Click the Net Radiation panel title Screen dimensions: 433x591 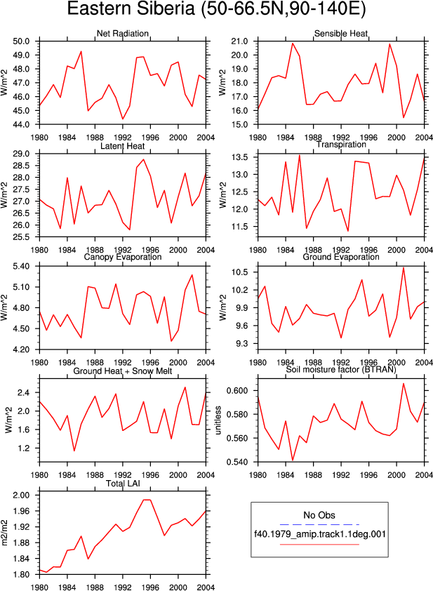[x=123, y=34]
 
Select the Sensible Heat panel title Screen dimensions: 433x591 [x=341, y=34]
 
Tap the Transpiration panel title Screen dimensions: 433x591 [x=341, y=145]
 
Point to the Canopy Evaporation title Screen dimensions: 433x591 [x=123, y=257]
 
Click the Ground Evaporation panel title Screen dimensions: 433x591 [x=341, y=257]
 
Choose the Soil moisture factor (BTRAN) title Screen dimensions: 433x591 [x=341, y=369]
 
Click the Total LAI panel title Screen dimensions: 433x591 [x=123, y=484]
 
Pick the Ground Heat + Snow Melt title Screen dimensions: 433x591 [x=123, y=371]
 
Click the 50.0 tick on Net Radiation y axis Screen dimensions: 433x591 [x=21, y=41]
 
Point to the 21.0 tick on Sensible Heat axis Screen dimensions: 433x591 [x=240, y=41]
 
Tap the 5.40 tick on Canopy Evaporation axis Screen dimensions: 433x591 [x=21, y=266]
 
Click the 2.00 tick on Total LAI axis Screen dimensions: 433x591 [x=21, y=495]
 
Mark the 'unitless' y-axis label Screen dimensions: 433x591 [x=218, y=420]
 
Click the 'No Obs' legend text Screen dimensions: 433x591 [x=319, y=515]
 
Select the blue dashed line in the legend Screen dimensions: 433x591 [x=319, y=524]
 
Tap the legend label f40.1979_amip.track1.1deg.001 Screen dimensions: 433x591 [x=320, y=534]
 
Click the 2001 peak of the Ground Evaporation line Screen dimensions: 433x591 [x=404, y=267]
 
